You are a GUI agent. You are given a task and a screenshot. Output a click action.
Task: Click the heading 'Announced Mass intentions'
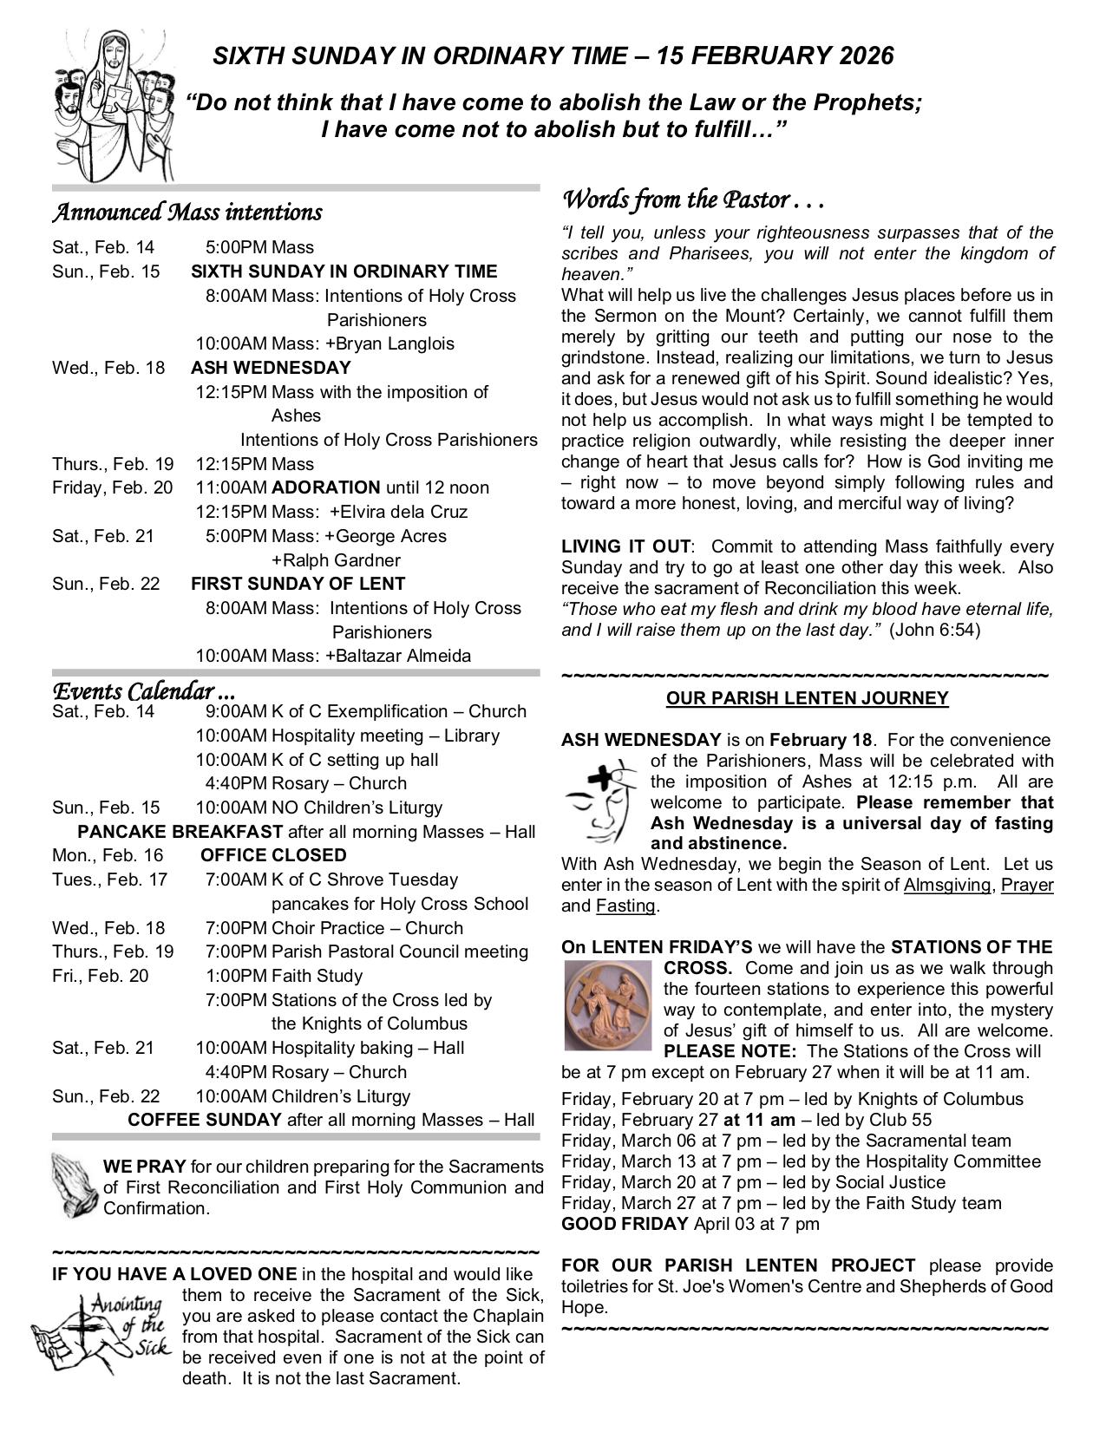coord(187,213)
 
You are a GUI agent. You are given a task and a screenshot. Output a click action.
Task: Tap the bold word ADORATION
coord(325,487)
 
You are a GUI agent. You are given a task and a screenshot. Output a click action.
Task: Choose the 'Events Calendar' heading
coord(143,691)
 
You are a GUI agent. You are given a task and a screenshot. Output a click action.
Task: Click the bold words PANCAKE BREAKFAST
coord(180,832)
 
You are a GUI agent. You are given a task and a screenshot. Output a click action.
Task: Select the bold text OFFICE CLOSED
coord(273,855)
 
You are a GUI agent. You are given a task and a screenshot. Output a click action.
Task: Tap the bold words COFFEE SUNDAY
coord(205,1120)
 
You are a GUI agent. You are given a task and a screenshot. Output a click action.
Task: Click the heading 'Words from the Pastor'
coord(692,200)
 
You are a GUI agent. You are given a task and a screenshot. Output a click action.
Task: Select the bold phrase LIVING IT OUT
coord(625,547)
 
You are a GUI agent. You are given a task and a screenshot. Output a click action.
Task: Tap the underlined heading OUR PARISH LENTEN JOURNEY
coord(807,698)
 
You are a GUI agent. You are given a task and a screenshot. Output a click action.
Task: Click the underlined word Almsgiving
coord(947,886)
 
